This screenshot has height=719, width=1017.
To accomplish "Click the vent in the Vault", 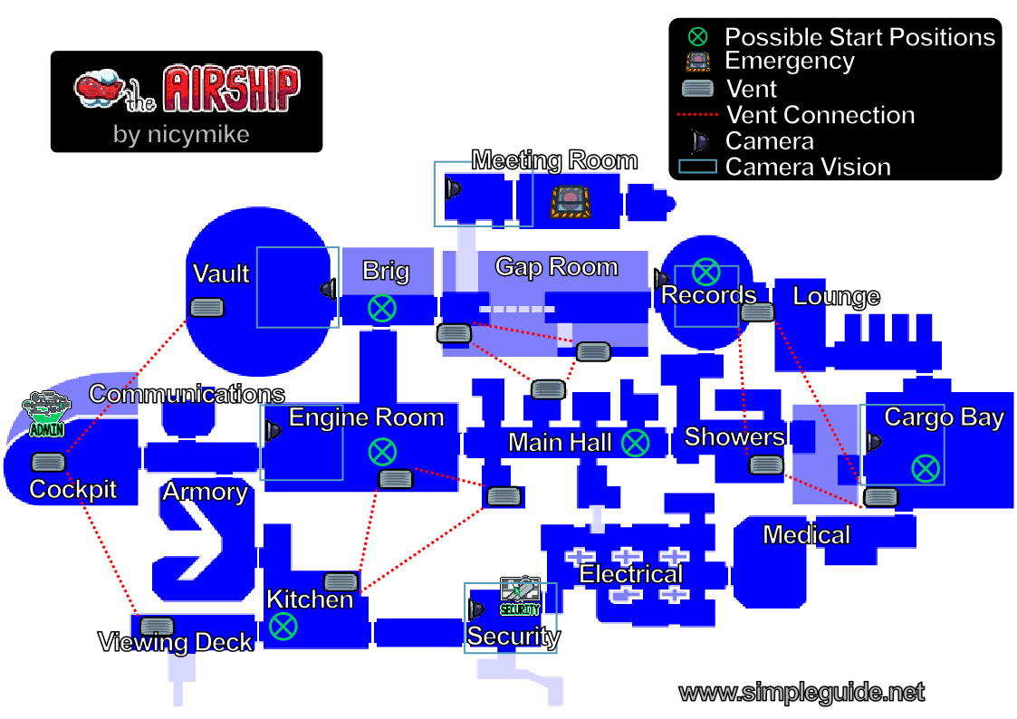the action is coord(206,307).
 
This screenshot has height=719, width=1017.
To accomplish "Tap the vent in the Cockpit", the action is coord(49,462).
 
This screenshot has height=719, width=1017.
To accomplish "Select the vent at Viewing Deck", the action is coord(157,627).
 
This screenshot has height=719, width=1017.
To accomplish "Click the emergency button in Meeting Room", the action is coord(571,202).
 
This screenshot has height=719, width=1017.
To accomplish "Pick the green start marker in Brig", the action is coord(382,308).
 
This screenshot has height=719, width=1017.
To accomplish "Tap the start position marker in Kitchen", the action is coord(283,627).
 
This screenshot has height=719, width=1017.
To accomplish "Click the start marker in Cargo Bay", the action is coord(926,468).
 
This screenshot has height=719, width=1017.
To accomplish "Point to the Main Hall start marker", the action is coord(635,443).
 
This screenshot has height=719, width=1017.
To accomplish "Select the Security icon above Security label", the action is coord(520,595).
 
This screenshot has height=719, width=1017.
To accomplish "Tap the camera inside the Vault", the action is coord(329,289).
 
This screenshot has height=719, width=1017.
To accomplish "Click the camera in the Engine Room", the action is coord(273,430).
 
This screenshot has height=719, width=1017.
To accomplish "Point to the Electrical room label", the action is coord(631,574).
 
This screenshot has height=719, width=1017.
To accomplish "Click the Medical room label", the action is coord(806,535).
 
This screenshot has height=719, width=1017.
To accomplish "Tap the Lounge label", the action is coord(836,296).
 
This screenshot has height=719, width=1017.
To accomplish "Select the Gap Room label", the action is coord(556,266).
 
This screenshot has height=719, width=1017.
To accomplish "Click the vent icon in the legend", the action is coord(698,88).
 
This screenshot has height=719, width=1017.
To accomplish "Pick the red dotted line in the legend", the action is coord(698,115).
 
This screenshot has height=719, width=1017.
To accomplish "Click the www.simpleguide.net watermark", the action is coord(801,693).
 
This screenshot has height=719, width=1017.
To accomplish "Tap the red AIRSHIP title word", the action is coord(232,88).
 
